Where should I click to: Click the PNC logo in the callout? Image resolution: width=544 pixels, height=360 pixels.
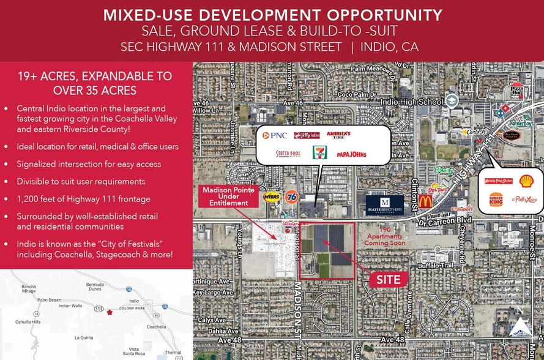(x=275, y=135)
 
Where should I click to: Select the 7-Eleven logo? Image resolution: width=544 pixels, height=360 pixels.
(x=319, y=153)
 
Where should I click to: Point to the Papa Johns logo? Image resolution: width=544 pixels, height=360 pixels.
(x=351, y=154)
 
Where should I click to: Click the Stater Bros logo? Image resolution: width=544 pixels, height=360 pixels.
(x=288, y=154)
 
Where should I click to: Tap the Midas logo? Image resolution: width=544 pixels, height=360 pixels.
(x=271, y=197)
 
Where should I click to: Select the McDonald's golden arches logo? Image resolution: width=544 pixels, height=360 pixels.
(x=425, y=201)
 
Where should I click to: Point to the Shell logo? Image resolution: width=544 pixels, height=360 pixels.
(x=526, y=181)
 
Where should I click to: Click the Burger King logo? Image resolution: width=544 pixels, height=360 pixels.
(x=496, y=200)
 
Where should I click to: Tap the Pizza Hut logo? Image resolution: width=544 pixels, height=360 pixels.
(x=516, y=89)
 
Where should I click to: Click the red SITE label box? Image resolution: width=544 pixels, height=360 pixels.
(x=389, y=280)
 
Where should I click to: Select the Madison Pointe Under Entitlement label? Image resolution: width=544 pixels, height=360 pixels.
(x=225, y=196)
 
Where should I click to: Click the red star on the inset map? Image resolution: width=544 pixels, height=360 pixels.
(x=110, y=312)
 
